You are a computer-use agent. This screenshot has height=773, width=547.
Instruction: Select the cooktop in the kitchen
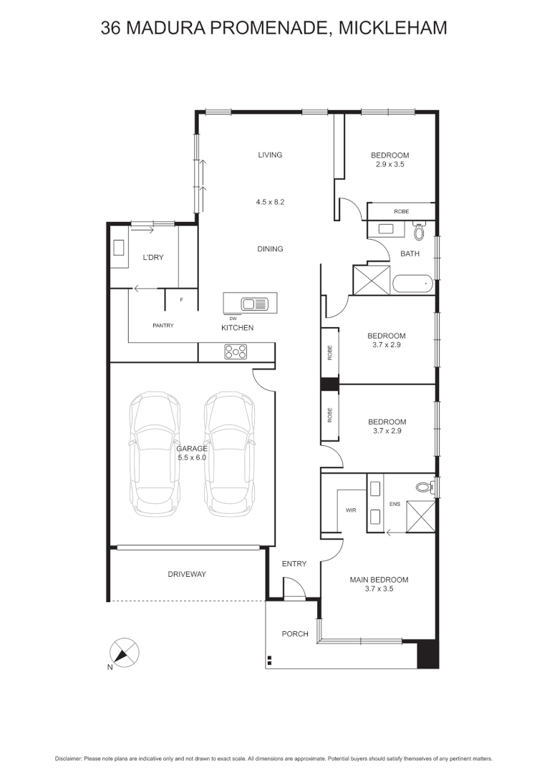tap(236, 351)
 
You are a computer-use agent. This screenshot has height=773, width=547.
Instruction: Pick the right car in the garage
tap(229, 454)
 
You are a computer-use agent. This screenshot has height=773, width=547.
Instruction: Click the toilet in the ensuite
tap(425, 487)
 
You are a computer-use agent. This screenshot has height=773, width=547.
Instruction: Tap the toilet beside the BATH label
tap(420, 231)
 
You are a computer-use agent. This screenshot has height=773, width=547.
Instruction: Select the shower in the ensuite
tap(420, 516)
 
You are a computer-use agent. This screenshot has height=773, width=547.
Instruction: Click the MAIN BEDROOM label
tap(379, 580)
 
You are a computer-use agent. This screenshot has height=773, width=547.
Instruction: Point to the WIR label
tap(351, 511)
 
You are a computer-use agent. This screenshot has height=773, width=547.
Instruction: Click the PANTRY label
tap(163, 326)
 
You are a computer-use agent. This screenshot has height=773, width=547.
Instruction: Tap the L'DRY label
tap(153, 258)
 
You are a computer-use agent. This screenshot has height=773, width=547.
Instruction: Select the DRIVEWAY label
tap(187, 574)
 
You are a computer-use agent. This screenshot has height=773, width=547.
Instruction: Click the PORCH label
tap(294, 633)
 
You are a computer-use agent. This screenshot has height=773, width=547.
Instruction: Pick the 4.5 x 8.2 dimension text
tap(270, 203)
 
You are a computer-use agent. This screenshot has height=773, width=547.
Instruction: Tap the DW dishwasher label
tap(233, 317)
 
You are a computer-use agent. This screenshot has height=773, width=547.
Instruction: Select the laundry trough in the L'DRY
tap(119, 248)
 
